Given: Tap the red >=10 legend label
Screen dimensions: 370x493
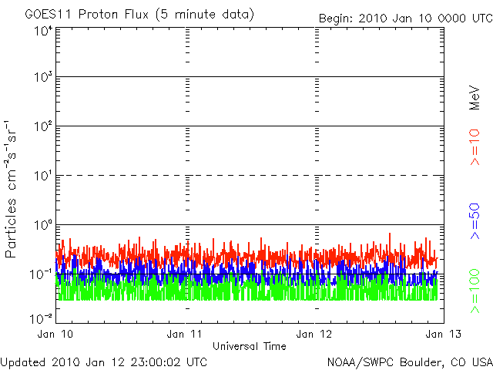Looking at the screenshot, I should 475,147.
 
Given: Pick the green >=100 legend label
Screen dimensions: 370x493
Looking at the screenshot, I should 475,291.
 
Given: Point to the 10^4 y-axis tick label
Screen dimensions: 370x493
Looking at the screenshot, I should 42,30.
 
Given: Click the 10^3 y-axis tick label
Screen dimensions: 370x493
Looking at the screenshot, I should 42,78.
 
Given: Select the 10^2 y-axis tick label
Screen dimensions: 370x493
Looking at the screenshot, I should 42,127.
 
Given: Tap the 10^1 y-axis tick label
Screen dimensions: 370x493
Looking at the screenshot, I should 42,177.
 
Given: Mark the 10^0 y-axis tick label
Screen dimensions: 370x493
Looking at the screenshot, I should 42,226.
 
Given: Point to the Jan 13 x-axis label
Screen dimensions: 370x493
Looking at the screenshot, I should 440,334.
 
